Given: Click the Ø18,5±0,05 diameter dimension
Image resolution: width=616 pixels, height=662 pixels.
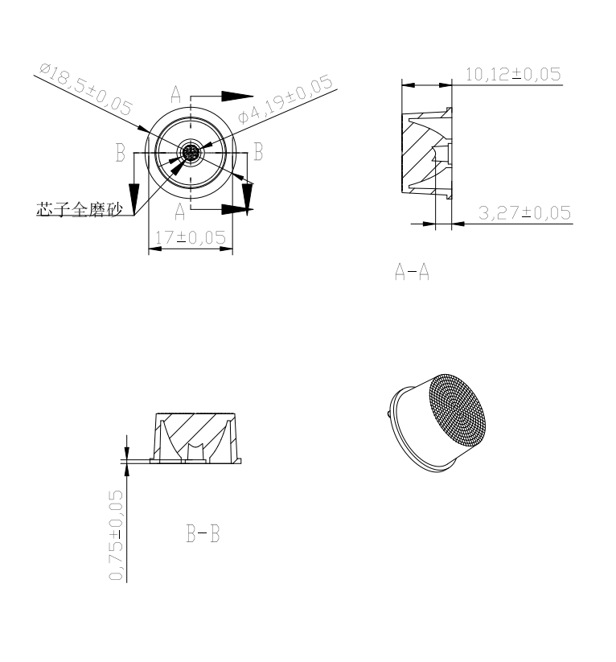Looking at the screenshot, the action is click(x=86, y=89).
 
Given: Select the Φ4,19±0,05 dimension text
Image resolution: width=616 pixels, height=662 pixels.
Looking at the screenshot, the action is click(x=285, y=98).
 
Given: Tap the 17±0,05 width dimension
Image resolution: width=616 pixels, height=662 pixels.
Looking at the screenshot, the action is click(x=191, y=237).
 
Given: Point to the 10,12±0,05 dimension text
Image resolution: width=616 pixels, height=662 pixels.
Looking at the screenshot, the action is click(x=513, y=74).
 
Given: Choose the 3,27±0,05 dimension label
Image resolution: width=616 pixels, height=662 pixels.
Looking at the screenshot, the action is click(x=525, y=213).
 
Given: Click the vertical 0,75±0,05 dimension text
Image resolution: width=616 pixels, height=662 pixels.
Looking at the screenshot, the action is click(x=116, y=536).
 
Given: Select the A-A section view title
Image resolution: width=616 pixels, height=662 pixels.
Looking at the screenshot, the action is click(x=412, y=271).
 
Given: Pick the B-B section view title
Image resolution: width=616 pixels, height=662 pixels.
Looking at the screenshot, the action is click(x=203, y=533).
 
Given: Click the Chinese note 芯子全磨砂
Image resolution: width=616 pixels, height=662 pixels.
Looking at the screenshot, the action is click(x=80, y=209).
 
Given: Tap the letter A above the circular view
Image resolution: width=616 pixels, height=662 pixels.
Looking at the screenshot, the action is click(x=175, y=95).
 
